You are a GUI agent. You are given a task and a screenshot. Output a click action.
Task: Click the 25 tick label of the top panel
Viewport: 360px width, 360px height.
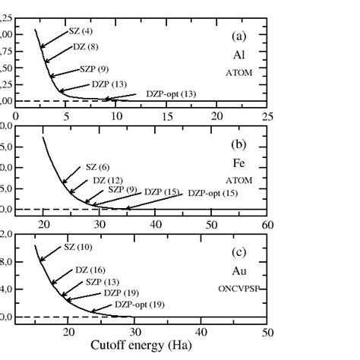pos(267,115)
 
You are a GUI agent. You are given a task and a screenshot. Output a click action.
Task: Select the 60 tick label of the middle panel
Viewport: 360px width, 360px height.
pos(267,224)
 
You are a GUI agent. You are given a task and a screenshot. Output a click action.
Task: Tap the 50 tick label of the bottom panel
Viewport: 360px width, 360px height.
pos(267,331)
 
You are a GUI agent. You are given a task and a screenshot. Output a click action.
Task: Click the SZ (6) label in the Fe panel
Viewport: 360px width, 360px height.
pos(96,166)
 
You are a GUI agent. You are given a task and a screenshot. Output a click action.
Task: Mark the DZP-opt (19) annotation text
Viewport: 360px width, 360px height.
pos(140,305)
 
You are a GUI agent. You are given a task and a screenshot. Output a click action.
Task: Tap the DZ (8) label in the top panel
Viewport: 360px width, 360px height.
pos(84,47)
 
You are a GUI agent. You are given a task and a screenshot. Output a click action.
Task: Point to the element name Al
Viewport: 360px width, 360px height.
pos(238,55)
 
